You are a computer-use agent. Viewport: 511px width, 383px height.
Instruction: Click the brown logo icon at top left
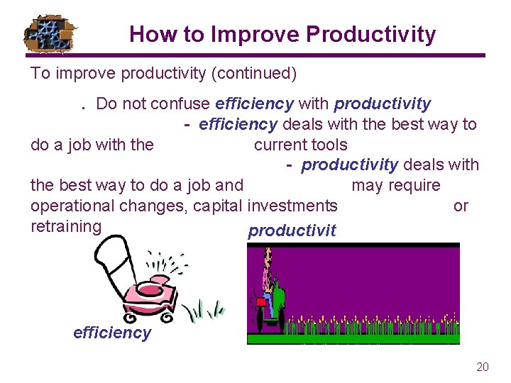tap(50, 34)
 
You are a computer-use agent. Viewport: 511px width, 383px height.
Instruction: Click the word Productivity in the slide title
tap(377, 34)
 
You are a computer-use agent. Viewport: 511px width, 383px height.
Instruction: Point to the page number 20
tap(483, 367)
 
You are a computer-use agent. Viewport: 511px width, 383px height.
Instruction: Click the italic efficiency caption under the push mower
tap(112, 333)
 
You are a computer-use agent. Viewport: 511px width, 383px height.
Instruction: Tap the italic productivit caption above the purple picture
tap(292, 231)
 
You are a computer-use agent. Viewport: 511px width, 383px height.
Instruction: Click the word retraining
tap(66, 226)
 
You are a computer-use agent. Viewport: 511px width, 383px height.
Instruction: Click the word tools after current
tap(327, 145)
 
